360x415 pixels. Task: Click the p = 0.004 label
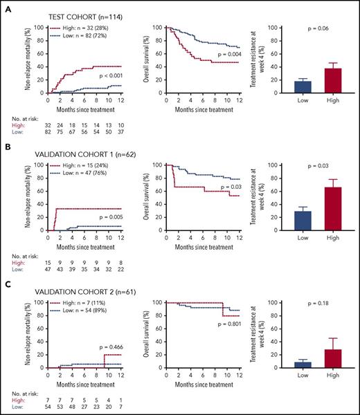(229, 54)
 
